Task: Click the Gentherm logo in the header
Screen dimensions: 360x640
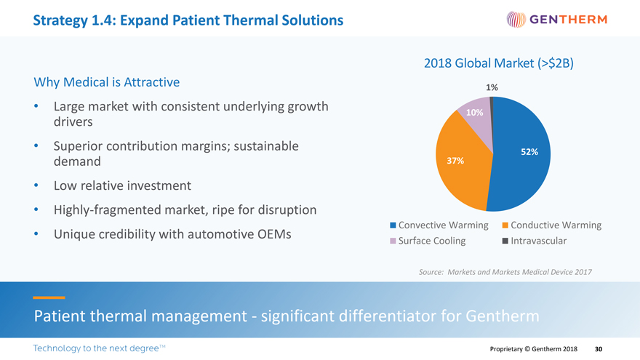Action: pyautogui.click(x=556, y=19)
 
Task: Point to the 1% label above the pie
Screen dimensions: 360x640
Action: pyautogui.click(x=492, y=87)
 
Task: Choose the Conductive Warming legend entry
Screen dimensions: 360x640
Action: pyautogui.click(x=552, y=225)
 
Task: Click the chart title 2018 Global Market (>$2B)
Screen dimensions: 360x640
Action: pyautogui.click(x=498, y=63)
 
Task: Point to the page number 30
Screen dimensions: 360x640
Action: pyautogui.click(x=599, y=349)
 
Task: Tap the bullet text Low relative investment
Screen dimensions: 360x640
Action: pyautogui.click(x=123, y=186)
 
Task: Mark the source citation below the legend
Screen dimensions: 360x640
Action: pyautogui.click(x=505, y=272)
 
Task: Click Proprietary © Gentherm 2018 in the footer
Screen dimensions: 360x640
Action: pyautogui.click(x=535, y=349)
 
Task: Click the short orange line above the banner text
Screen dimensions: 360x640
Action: pyautogui.click(x=49, y=297)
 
